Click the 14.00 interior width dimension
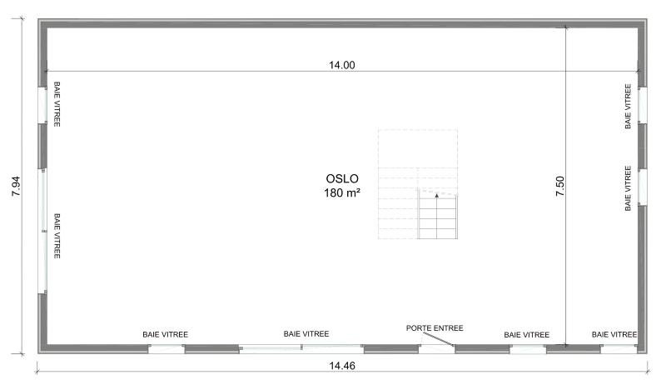point(342,65)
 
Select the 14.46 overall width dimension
point(342,365)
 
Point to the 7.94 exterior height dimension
point(16,187)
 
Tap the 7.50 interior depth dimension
point(559,186)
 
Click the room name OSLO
point(342,178)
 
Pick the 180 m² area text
point(342,192)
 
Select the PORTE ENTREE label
point(435,327)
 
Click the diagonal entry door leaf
point(438,339)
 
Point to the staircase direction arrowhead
point(436,195)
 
